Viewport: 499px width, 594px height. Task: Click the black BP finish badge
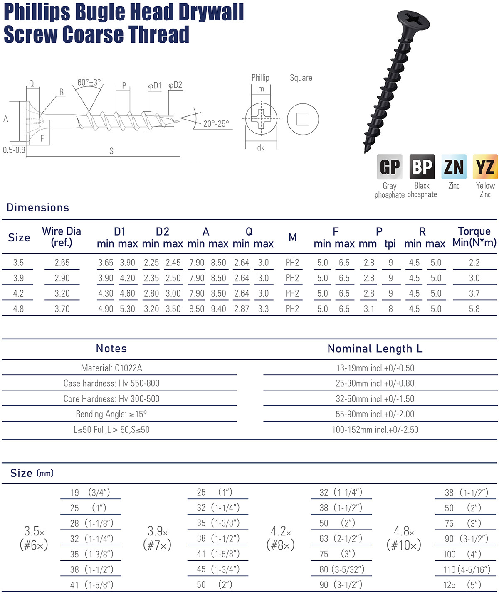pyautogui.click(x=422, y=167)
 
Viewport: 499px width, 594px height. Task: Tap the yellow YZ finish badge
pyautogui.click(x=485, y=167)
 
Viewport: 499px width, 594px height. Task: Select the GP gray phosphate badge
pyautogui.click(x=390, y=167)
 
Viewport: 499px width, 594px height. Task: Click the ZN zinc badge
pyautogui.click(x=454, y=167)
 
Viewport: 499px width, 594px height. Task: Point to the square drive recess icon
pyautogui.click(x=303, y=119)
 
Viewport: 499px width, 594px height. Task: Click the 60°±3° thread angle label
pyautogui.click(x=89, y=82)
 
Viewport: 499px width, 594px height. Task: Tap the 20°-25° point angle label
pyautogui.click(x=216, y=124)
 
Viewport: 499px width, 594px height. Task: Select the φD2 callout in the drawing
pyautogui.click(x=175, y=85)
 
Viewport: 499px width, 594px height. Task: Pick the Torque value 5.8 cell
pyautogui.click(x=474, y=309)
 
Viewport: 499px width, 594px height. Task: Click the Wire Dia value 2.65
pyautogui.click(x=62, y=263)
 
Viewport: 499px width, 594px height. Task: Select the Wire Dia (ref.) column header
pyautogui.click(x=62, y=237)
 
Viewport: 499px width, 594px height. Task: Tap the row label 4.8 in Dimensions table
pyautogui.click(x=18, y=309)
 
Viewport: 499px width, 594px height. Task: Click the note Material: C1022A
pyautogui.click(x=111, y=368)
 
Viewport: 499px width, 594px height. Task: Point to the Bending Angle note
pyautogui.click(x=111, y=414)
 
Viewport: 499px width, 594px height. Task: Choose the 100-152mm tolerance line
pyautogui.click(x=375, y=430)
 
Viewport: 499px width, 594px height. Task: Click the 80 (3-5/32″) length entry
pyautogui.click(x=341, y=569)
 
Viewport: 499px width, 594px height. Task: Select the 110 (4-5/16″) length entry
pyautogui.click(x=467, y=569)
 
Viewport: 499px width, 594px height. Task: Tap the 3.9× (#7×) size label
pyautogui.click(x=157, y=538)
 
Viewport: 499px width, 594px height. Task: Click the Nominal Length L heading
pyautogui.click(x=375, y=349)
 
